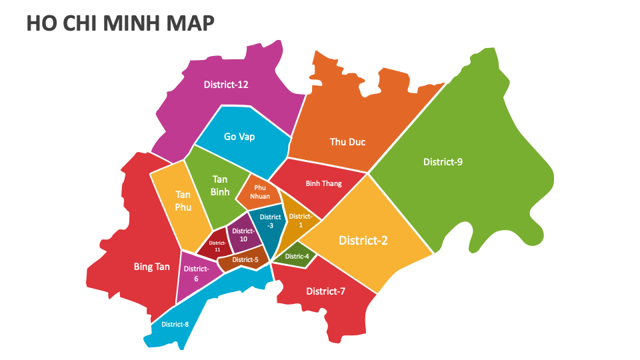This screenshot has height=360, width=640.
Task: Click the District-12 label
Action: (225, 85)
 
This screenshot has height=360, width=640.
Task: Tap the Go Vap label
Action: (239, 137)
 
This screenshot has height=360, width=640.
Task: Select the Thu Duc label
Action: (347, 142)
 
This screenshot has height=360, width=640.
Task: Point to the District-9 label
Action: (443, 162)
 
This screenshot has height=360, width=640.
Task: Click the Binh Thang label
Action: (323, 183)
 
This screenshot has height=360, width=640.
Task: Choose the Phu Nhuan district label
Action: (259, 192)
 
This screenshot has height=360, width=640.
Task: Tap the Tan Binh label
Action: (220, 185)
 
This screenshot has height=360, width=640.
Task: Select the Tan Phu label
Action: (183, 201)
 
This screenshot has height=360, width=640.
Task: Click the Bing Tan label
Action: (152, 267)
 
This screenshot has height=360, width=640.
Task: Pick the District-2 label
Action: (363, 240)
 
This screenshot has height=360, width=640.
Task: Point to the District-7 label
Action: (325, 291)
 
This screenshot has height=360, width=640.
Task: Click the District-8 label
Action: (175, 325)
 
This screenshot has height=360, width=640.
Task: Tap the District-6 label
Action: (196, 273)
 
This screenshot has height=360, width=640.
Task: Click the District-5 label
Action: (245, 260)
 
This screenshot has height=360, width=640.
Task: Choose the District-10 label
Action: (243, 235)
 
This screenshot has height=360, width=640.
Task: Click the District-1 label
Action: (300, 221)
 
